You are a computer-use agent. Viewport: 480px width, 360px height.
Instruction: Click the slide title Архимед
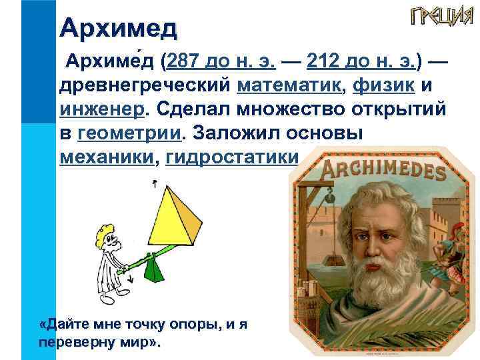click(118, 28)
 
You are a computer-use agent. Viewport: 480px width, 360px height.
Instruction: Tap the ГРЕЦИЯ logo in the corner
click(437, 17)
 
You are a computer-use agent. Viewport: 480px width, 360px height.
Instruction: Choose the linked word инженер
click(99, 108)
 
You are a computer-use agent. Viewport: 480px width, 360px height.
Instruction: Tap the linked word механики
click(107, 157)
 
